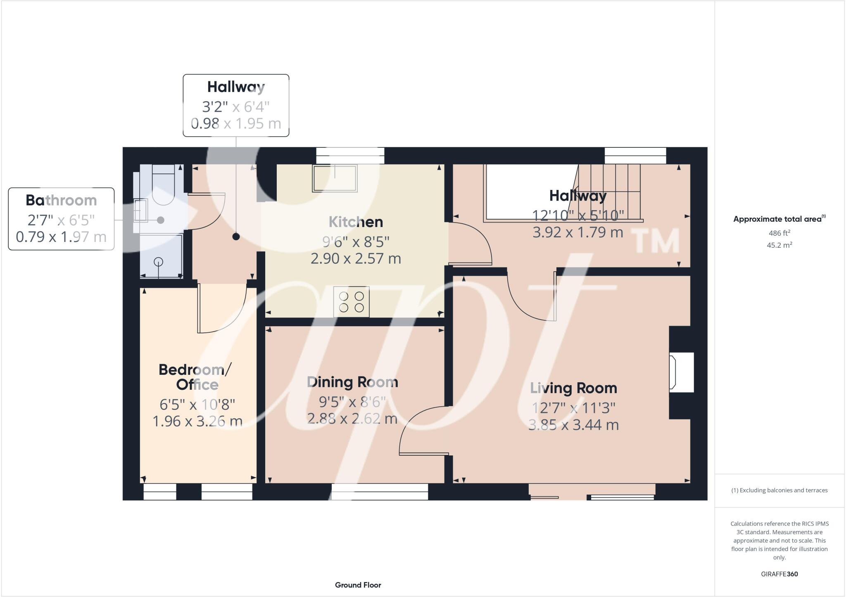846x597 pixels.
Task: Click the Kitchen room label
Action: [x=356, y=222]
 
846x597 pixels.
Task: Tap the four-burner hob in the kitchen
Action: [x=352, y=302]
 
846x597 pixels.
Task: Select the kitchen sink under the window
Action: [x=335, y=178]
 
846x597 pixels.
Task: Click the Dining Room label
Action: [x=352, y=382]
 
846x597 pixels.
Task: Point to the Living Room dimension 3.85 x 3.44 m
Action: [x=573, y=425]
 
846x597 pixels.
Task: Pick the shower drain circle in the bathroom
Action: [x=158, y=261]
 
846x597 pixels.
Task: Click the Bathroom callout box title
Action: [x=61, y=200]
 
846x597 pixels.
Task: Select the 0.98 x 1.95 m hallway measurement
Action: [x=236, y=123]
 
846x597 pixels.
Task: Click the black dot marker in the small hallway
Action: [x=236, y=237]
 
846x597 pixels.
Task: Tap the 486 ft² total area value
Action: [x=779, y=233]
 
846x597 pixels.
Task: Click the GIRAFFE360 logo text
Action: [x=779, y=574]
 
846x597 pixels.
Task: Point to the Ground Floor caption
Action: [x=358, y=585]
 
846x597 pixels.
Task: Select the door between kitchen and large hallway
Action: [x=470, y=244]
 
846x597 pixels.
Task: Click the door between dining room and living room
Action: [x=423, y=431]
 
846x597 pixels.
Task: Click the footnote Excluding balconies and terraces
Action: [x=779, y=490]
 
